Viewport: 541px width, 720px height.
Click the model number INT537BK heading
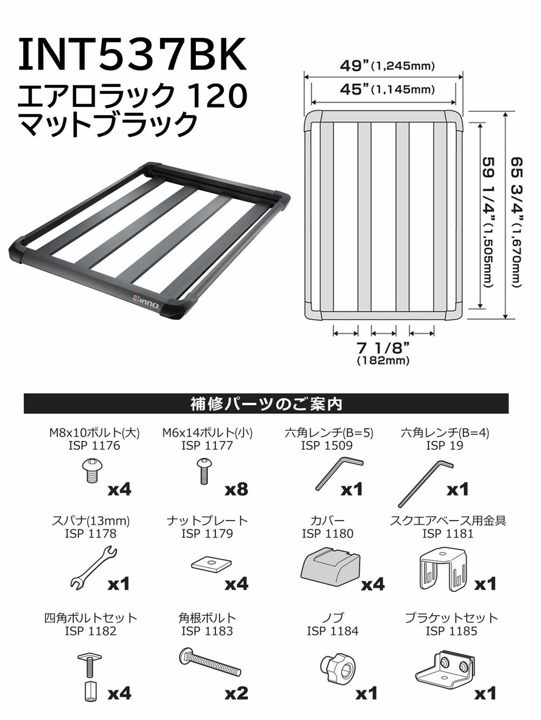click(x=132, y=55)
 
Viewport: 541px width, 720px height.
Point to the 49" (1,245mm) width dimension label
click(x=387, y=65)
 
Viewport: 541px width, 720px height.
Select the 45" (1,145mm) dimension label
click(x=387, y=89)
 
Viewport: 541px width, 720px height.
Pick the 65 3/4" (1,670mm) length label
click(x=516, y=223)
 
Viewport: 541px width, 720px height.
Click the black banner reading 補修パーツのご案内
click(x=266, y=404)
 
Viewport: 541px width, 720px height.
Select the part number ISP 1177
click(x=207, y=446)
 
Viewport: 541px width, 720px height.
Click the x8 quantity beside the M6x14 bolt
click(x=236, y=489)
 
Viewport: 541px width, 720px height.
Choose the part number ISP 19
click(x=445, y=446)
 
